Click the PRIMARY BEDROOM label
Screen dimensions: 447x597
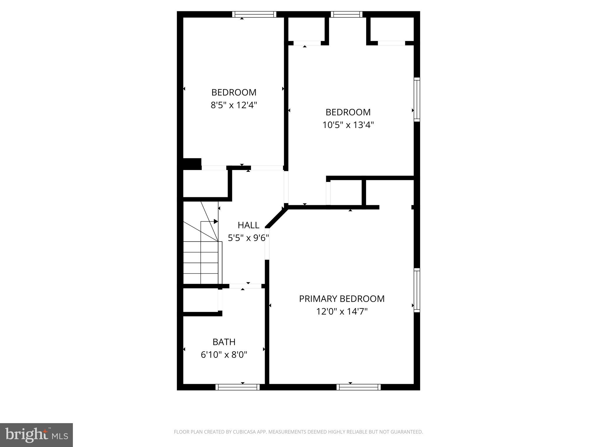pos(342,299)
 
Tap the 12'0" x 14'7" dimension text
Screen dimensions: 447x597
pos(342,312)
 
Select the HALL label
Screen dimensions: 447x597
pos(248,225)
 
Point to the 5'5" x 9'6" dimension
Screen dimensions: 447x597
pos(248,238)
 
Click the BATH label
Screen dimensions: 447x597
pos(224,342)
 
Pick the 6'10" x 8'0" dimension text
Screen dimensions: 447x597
pos(224,355)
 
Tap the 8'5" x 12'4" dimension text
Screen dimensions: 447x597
pos(234,105)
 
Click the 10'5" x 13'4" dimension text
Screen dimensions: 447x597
pos(348,125)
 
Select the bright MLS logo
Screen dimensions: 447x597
pos(36,435)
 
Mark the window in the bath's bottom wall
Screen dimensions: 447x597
pos(238,387)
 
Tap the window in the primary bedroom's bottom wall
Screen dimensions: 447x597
pos(359,387)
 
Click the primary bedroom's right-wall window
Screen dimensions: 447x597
pos(417,290)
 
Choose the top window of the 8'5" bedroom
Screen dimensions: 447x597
pos(254,14)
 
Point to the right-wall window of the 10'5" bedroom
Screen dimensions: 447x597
pos(417,100)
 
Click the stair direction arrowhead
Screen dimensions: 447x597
pos(216,221)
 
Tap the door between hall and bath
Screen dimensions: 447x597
pos(245,286)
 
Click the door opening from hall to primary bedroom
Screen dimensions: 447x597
pos(267,244)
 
